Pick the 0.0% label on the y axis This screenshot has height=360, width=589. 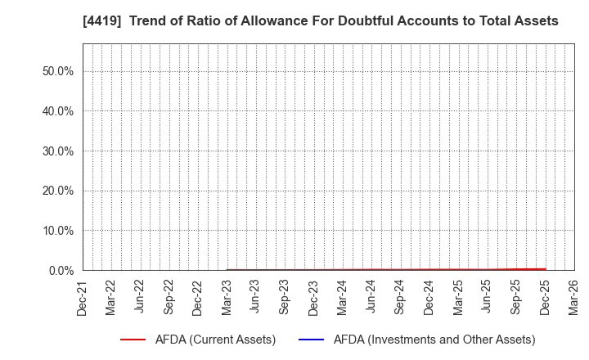(x=59, y=270)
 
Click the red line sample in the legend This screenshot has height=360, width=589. (x=138, y=340)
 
